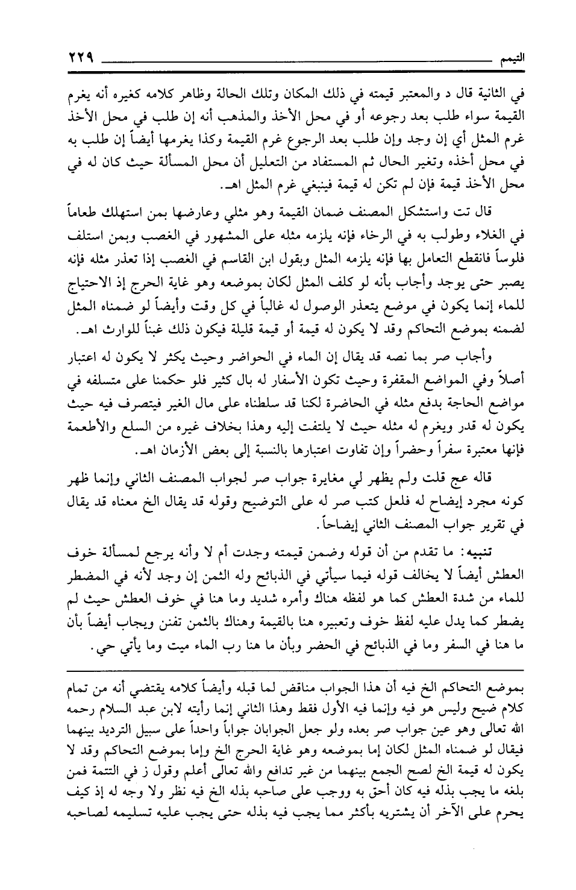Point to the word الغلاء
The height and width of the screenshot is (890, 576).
[x=495, y=231]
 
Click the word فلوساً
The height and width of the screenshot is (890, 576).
[x=507, y=250]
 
